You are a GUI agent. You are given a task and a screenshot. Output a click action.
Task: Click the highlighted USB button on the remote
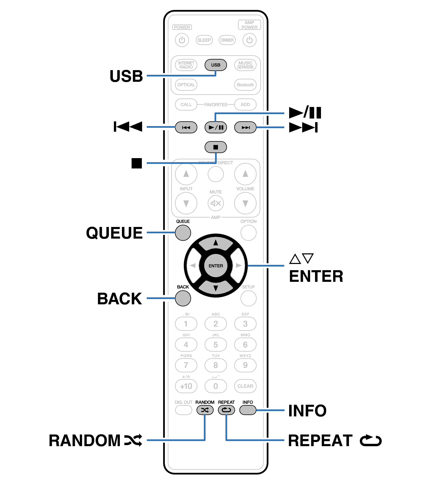[x=215, y=65]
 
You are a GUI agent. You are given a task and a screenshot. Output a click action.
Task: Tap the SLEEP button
[x=204, y=40]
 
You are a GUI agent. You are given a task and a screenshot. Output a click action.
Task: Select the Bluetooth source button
[x=245, y=85]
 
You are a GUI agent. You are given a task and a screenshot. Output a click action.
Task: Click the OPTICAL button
[x=186, y=85]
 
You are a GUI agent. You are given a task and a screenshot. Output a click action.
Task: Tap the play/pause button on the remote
[x=215, y=127]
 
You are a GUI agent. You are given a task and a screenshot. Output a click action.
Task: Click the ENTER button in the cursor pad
[x=216, y=266]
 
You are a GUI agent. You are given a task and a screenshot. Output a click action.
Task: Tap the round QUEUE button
[x=183, y=233]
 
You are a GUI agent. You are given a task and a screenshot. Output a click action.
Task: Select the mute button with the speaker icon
[x=216, y=203]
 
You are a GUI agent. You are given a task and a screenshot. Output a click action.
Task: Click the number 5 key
[x=215, y=345]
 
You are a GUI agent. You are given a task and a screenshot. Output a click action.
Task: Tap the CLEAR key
[x=245, y=386]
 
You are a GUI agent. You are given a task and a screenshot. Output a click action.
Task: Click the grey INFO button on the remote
[x=247, y=410]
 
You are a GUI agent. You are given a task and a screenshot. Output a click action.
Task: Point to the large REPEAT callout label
[x=320, y=441]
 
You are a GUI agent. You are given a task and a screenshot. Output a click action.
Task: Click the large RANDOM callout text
[x=85, y=441]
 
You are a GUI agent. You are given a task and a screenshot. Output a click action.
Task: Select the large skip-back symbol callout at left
[x=128, y=127]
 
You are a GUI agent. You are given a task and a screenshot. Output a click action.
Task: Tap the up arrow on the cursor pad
[x=216, y=243]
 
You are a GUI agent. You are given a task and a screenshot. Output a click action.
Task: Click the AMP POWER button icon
[x=249, y=40]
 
